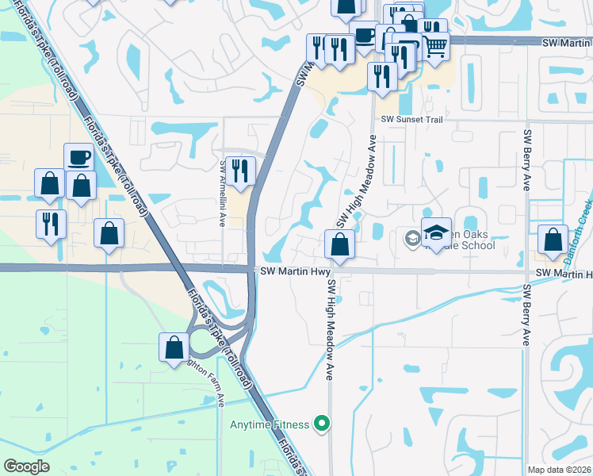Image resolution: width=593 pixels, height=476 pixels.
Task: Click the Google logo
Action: coord(27,466)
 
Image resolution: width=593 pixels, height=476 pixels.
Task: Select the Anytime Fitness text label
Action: coord(270,424)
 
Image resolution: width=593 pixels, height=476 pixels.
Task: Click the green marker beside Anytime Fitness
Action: coord(321,424)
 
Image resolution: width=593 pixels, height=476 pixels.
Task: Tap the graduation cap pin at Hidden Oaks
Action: coord(436,231)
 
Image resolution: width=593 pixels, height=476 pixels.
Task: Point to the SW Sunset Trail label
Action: coord(410,118)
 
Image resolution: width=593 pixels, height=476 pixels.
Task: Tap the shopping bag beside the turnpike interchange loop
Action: coord(174,347)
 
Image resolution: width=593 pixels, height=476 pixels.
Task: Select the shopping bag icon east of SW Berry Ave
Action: coord(552,239)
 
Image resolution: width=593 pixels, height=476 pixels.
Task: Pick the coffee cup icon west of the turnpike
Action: coord(78,157)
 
